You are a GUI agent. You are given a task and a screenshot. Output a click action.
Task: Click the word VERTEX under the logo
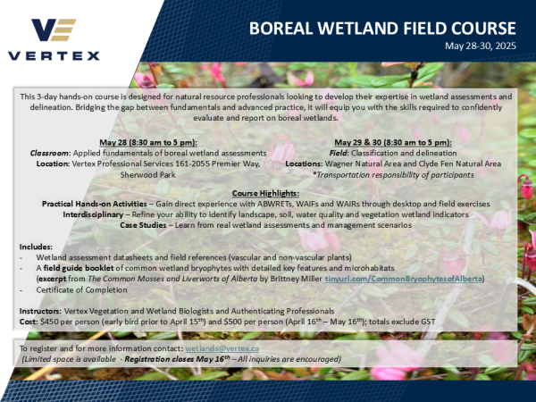pyautogui.click(x=54, y=56)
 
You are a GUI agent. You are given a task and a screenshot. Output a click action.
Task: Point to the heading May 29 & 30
pyautogui.click(x=393, y=143)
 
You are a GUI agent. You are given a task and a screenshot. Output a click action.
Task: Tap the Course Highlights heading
pyautogui.click(x=267, y=194)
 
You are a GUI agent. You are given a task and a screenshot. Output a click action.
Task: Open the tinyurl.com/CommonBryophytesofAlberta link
pyautogui.click(x=404, y=281)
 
